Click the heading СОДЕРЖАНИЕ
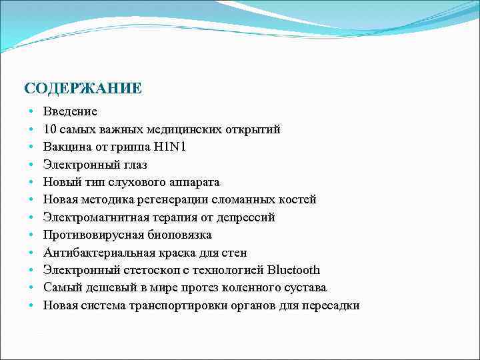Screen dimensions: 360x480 coord(82,88)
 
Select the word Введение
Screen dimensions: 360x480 coord(71,111)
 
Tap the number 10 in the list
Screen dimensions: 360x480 coord(50,129)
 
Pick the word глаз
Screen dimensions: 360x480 coord(133,164)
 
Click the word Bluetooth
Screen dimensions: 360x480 coord(293,270)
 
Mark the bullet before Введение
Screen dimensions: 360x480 coord(31,111)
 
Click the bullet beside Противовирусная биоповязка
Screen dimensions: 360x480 coord(31,235)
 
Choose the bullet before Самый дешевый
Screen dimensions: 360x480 coord(31,288)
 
